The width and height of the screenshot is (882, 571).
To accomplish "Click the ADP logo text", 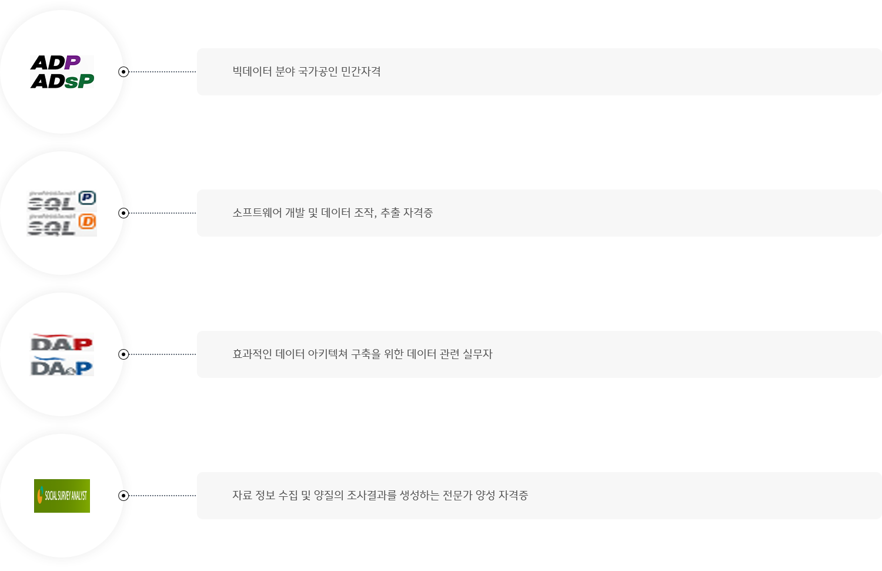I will tap(55, 62).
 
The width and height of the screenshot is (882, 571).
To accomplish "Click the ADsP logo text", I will tap(62, 81).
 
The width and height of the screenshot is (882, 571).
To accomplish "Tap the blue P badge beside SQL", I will tap(87, 198).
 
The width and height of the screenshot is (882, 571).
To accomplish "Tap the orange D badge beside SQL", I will tap(87, 222).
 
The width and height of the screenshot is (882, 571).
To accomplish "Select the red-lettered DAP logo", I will tap(62, 343).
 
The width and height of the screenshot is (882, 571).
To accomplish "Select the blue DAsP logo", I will tap(62, 367).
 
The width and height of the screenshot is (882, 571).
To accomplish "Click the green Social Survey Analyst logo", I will tap(62, 496).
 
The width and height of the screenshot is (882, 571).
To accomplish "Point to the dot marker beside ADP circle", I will tap(123, 72).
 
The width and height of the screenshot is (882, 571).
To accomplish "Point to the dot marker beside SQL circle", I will tap(123, 213).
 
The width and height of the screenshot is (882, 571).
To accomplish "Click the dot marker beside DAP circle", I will tap(123, 354).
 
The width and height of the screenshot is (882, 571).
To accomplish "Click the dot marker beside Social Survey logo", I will tap(123, 496).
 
